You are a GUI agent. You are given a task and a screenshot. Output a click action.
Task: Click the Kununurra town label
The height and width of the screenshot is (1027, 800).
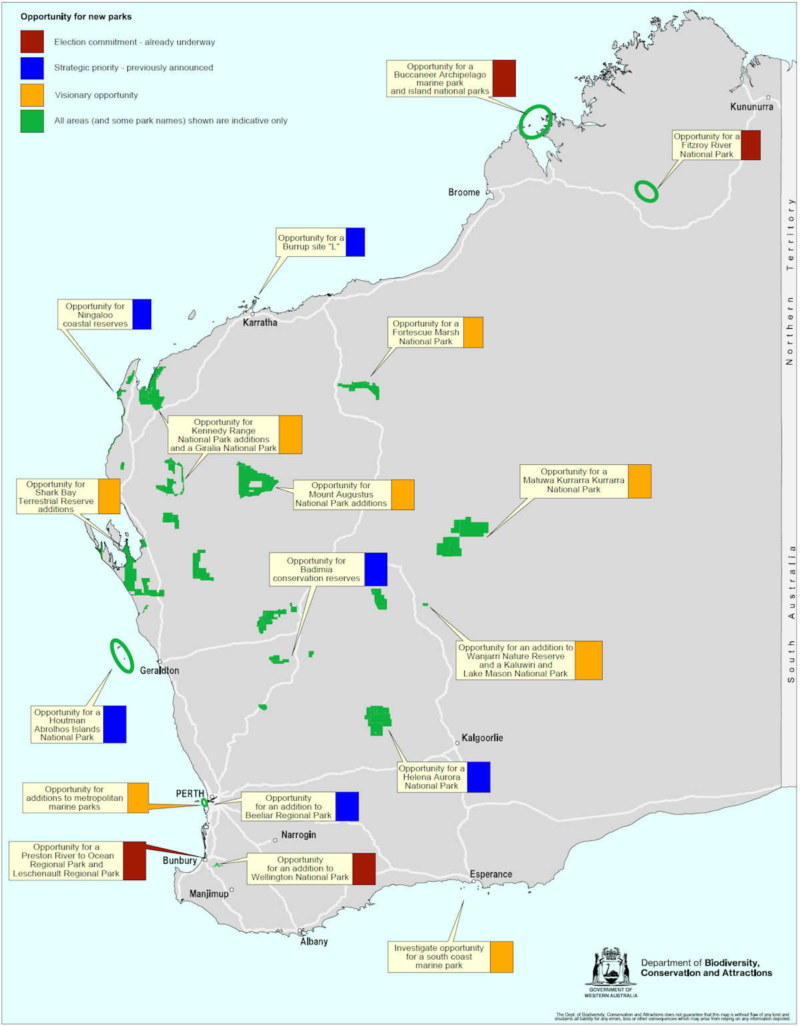(751, 107)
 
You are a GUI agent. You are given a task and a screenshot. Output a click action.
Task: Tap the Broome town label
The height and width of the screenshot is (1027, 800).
(463, 192)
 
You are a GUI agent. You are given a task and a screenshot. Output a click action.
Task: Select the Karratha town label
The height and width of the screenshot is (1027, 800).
(259, 322)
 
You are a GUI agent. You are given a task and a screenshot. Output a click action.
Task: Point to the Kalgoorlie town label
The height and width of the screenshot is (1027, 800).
(482, 738)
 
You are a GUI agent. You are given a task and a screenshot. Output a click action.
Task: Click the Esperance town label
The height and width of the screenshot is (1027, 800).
(491, 874)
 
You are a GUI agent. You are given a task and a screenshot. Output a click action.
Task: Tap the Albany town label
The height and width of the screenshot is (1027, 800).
(313, 941)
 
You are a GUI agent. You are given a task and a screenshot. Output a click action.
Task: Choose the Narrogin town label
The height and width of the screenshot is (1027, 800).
(298, 834)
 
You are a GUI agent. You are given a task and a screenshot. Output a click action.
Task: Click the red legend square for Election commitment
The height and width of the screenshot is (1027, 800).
(32, 41)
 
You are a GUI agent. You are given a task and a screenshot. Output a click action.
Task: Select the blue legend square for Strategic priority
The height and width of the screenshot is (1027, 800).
(32, 68)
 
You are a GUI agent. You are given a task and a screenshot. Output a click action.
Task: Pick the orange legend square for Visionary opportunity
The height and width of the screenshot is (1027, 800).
(32, 95)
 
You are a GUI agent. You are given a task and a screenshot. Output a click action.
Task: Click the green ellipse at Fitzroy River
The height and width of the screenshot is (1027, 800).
(646, 191)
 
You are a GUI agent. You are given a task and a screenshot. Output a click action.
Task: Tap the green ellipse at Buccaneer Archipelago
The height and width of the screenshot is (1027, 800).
(535, 121)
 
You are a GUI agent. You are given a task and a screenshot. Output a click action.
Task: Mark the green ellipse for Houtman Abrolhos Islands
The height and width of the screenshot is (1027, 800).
(121, 656)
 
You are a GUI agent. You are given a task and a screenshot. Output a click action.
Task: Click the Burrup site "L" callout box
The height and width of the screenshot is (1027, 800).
(311, 242)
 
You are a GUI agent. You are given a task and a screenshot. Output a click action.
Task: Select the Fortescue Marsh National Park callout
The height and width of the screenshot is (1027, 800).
(426, 332)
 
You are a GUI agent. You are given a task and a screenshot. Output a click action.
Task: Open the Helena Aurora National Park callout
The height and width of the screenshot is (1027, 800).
(432, 777)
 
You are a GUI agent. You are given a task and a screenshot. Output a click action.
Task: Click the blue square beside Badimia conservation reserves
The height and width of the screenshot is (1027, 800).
(375, 570)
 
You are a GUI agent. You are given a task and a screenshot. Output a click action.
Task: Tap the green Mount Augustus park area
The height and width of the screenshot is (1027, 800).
(255, 480)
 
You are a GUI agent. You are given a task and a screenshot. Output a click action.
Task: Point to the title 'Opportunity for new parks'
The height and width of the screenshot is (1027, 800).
(76, 16)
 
